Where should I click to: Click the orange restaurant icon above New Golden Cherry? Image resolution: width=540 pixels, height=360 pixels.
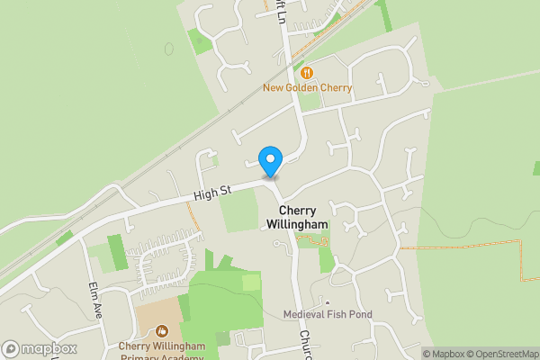(308, 72)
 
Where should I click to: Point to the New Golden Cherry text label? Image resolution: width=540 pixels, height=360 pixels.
(308, 88)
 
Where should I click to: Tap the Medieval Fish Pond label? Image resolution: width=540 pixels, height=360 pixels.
(328, 314)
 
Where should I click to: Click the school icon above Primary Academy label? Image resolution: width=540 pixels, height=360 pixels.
(161, 331)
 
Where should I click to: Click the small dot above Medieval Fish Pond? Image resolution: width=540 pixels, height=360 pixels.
(328, 303)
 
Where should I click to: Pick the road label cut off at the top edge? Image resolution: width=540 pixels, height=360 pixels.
(281, 7)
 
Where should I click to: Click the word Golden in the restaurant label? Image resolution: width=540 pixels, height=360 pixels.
(306, 88)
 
